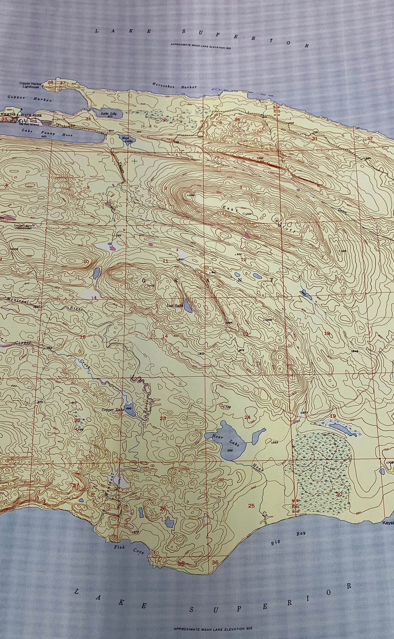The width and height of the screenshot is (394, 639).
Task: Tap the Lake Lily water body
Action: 107,114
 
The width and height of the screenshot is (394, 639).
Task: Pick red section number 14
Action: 165,336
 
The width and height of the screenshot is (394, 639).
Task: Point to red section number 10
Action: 86,262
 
